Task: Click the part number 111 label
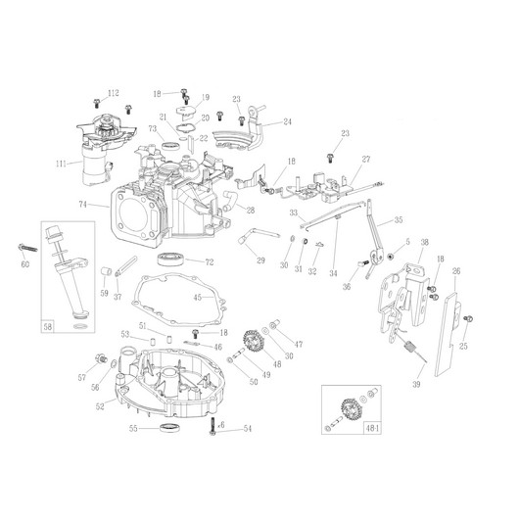pos(61,164)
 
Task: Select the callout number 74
pos(83,205)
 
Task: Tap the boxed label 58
pos(48,327)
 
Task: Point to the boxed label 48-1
pos(372,428)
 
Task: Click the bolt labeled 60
pos(28,248)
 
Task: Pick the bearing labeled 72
pos(170,259)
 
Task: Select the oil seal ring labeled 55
pos(170,428)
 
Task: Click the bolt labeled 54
pos(212,426)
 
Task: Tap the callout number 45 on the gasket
pos(197,298)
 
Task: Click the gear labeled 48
pos(253,341)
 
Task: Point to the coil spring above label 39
pos(410,349)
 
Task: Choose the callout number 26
pos(456,271)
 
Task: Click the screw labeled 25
pos(468,319)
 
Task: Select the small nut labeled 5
pos(391,256)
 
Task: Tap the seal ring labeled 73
pos(170,145)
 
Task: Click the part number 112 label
pos(114,93)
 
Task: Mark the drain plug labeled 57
pos(101,358)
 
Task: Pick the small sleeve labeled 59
pos(105,270)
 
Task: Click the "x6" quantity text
pos(221,425)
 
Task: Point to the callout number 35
pos(399,219)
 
